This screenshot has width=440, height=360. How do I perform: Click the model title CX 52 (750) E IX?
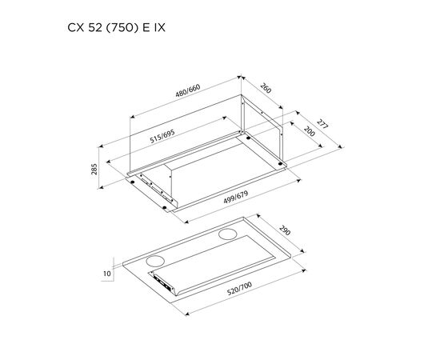pos(116,28)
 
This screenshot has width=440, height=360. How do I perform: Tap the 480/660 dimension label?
pos(188,90)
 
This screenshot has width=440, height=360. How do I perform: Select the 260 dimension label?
pos(266,88)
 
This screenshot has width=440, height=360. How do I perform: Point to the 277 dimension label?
pos(322,124)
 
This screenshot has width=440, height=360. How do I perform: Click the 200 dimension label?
pos(310,131)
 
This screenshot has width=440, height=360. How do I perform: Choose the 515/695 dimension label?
pos(162,136)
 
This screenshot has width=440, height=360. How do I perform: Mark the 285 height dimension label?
pos(94,169)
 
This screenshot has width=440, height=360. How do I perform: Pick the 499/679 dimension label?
pos(236,198)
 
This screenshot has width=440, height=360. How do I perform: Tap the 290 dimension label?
pos(285,230)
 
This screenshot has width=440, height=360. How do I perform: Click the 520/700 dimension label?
pos(239,289)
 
